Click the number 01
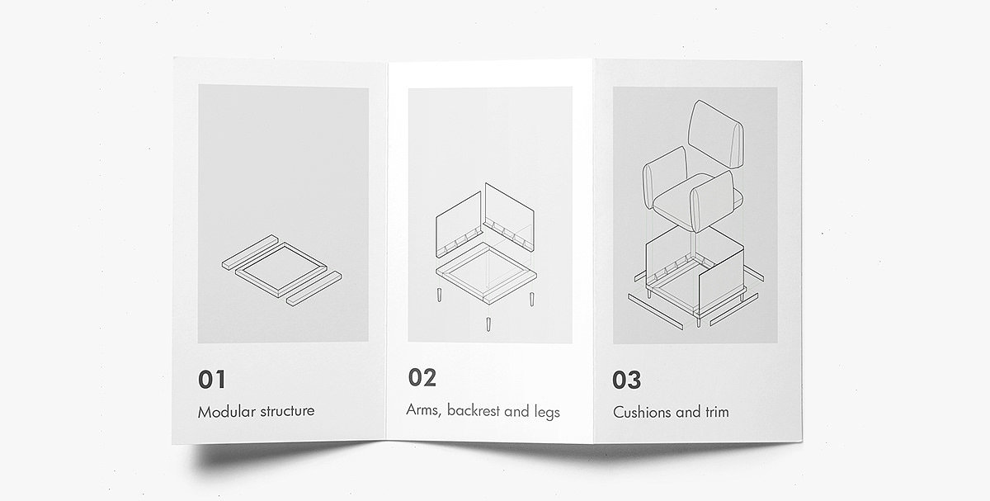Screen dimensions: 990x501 coord(212,380)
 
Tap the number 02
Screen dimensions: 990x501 coord(422,378)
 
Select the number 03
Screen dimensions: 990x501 coord(626,380)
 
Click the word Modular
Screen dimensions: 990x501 coord(227,412)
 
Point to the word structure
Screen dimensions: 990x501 coord(287,411)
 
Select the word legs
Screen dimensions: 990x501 coord(547,412)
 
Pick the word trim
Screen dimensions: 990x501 coord(717,412)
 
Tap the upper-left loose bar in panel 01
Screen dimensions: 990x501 coord(250,252)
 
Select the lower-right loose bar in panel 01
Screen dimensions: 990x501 coord(313,288)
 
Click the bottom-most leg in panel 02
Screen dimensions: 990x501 coord(488,324)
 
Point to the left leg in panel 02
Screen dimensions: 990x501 coord(439,295)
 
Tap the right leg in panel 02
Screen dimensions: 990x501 coord(531,299)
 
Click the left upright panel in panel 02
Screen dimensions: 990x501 coord(459,225)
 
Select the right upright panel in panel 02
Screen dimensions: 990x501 coord(510,217)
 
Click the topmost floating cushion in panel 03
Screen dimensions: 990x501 coord(716,134)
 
